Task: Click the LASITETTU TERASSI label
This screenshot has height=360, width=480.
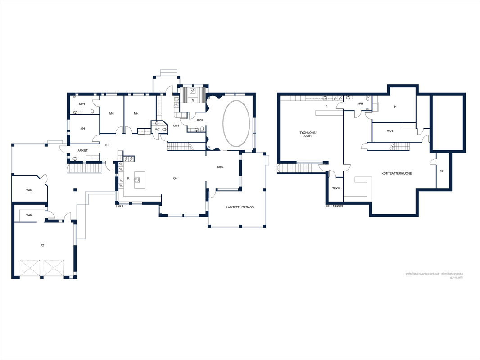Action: tap(240, 207)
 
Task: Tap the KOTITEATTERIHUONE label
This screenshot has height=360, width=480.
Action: tap(396, 173)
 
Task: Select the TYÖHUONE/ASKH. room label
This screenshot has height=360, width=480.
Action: tap(308, 134)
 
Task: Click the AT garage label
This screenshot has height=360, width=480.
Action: tap(42, 246)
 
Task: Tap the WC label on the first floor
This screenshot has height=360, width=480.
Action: tap(157, 130)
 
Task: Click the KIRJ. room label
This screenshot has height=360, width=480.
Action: tap(221, 167)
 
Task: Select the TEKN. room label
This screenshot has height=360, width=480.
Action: tap(336, 189)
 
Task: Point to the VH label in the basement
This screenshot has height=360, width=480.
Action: tap(442, 171)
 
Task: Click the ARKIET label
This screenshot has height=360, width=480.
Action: tap(83, 150)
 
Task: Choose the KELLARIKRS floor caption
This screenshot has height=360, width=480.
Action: tap(334, 207)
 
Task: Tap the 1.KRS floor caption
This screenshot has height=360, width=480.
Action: tap(119, 207)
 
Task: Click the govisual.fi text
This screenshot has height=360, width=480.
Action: tap(456, 277)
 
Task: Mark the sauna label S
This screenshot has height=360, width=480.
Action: tap(193, 100)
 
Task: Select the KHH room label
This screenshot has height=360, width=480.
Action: tap(176, 126)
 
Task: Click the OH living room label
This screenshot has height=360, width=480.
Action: tap(176, 178)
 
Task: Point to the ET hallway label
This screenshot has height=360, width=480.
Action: tap(107, 145)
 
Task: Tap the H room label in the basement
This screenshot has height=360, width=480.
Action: tap(395, 107)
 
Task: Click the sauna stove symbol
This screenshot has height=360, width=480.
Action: tap(193, 90)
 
